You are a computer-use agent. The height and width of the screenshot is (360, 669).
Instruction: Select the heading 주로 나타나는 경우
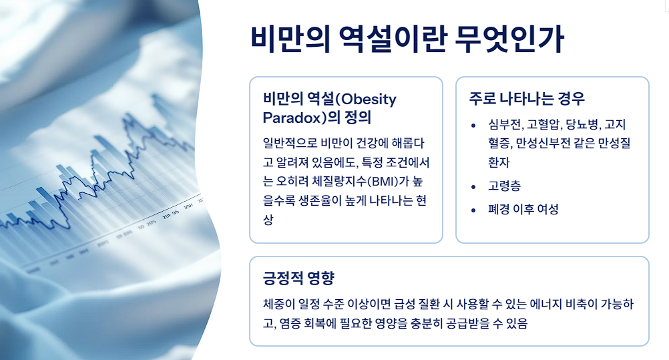pyautogui.click(x=527, y=99)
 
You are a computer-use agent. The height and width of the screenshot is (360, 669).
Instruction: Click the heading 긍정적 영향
pyautogui.click(x=298, y=278)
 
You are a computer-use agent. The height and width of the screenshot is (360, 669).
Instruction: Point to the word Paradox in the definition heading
pyautogui.click(x=293, y=118)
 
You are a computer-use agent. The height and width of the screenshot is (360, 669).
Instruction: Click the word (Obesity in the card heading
pyautogui.click(x=365, y=99)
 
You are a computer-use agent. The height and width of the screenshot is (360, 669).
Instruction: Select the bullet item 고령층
pyautogui.click(x=503, y=186)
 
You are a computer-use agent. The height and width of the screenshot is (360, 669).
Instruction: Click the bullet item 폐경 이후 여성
pyautogui.click(x=523, y=209)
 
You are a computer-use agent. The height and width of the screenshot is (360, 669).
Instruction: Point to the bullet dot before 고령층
pyautogui.click(x=473, y=186)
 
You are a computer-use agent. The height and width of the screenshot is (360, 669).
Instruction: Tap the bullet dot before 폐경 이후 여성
pyautogui.click(x=473, y=210)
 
